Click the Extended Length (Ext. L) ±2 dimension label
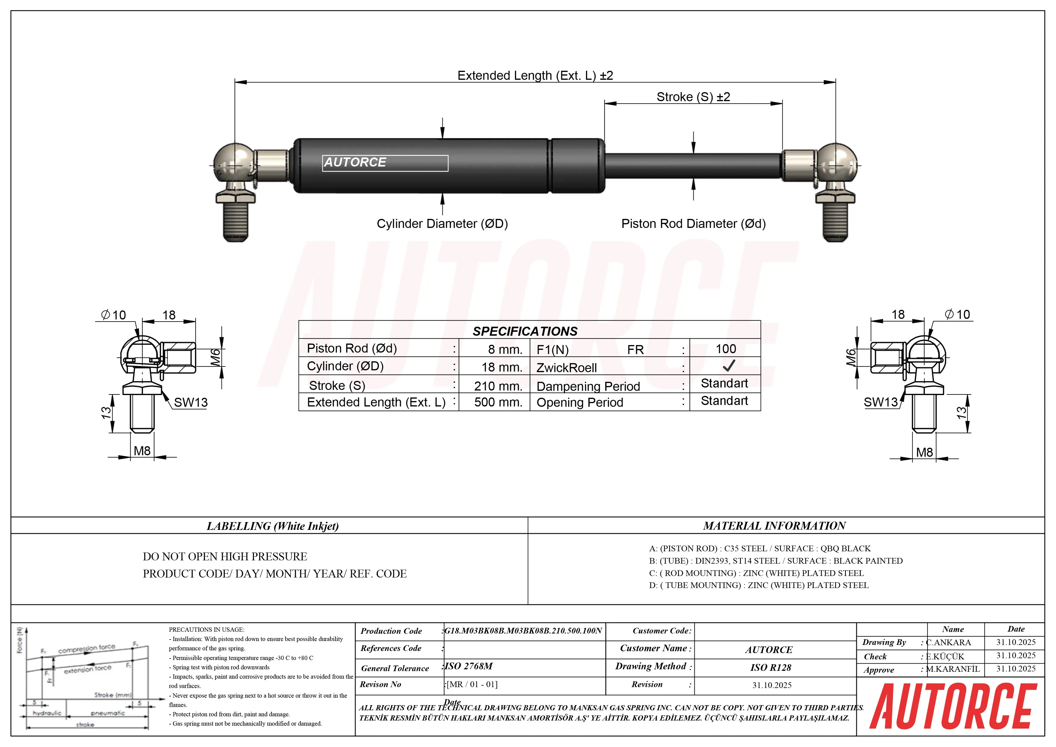[x=535, y=76]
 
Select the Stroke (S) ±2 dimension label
[x=693, y=97]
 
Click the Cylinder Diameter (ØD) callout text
[x=442, y=224]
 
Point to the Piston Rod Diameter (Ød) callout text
[x=693, y=224]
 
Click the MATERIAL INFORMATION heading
[x=774, y=526]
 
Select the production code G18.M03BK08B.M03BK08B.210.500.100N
[x=523, y=630]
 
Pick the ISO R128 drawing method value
[x=770, y=668]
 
